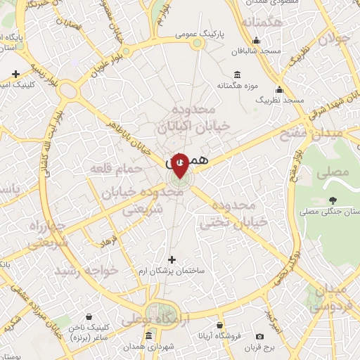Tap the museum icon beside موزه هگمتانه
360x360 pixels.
pos(237,75)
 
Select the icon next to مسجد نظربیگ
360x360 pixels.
pos(280,90)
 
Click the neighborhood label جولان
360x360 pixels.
pos(333,39)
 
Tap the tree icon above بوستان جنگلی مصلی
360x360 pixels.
pos(333,200)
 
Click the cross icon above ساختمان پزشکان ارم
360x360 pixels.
pos(172,260)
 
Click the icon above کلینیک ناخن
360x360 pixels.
pos(88,317)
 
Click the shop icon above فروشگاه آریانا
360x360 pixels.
pos(221,326)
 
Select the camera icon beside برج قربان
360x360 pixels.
pos(260,337)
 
